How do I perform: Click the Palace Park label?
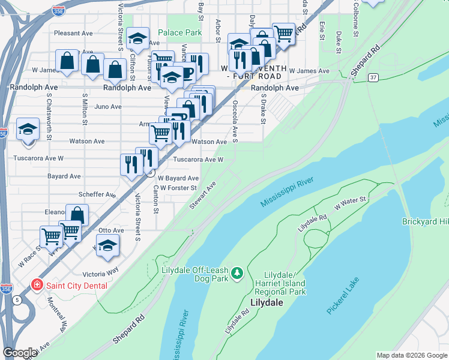180,32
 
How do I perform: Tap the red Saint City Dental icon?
37,285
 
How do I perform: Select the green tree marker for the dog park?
238,274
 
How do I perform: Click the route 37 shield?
373,78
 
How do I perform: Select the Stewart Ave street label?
202,196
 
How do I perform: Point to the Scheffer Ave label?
97,195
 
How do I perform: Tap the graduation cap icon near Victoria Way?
107,245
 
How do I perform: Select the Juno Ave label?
109,107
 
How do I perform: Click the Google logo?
20,353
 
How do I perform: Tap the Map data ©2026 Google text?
411,355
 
